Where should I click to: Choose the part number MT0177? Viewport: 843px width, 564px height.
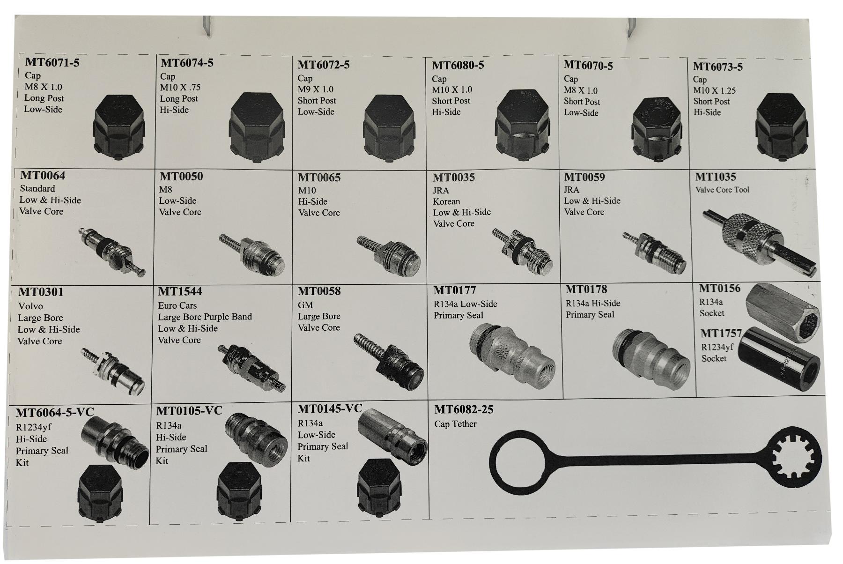pyautogui.click(x=454, y=291)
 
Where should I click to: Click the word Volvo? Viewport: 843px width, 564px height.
pyautogui.click(x=30, y=306)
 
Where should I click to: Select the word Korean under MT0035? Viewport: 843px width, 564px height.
pyautogui.click(x=446, y=201)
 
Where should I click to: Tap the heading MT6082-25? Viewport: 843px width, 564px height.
pyautogui.click(x=464, y=409)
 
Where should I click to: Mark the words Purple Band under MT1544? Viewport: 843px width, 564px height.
pyautogui.click(x=228, y=317)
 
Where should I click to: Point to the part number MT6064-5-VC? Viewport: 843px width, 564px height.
pyautogui.click(x=55, y=412)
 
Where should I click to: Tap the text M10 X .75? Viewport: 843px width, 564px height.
pyautogui.click(x=180, y=87)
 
